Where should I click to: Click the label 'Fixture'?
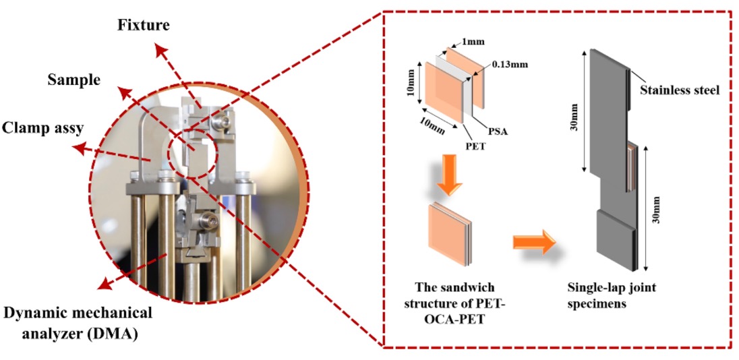tap(144, 26)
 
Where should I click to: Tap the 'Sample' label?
tap(73, 80)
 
